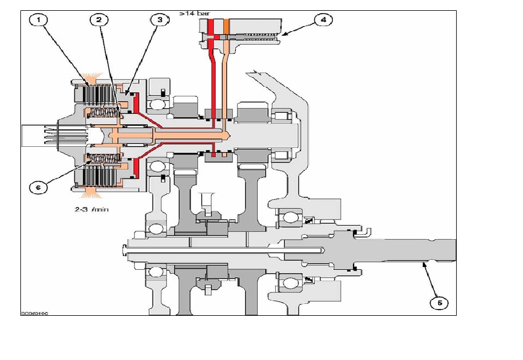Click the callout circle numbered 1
(x=39, y=20)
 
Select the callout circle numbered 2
(x=99, y=20)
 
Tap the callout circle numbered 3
(x=160, y=20)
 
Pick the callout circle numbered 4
(x=323, y=20)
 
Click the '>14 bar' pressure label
(x=192, y=12)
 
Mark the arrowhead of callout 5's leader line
(x=422, y=263)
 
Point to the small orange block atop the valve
(x=226, y=26)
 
